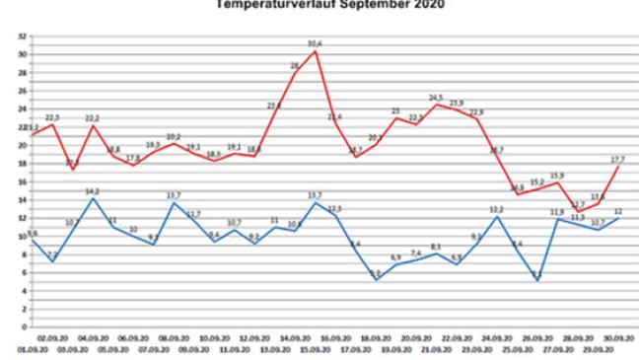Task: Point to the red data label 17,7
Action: [618, 159]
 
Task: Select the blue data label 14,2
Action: [92, 191]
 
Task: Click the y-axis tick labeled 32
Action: [22, 36]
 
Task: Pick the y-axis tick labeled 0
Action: [22, 326]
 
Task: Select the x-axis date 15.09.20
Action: [316, 346]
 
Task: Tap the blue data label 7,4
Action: [416, 253]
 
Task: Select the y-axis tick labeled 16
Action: [22, 181]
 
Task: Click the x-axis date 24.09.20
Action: [498, 338]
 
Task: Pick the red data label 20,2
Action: [174, 136]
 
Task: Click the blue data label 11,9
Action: [557, 212]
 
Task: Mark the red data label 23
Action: [396, 110]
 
